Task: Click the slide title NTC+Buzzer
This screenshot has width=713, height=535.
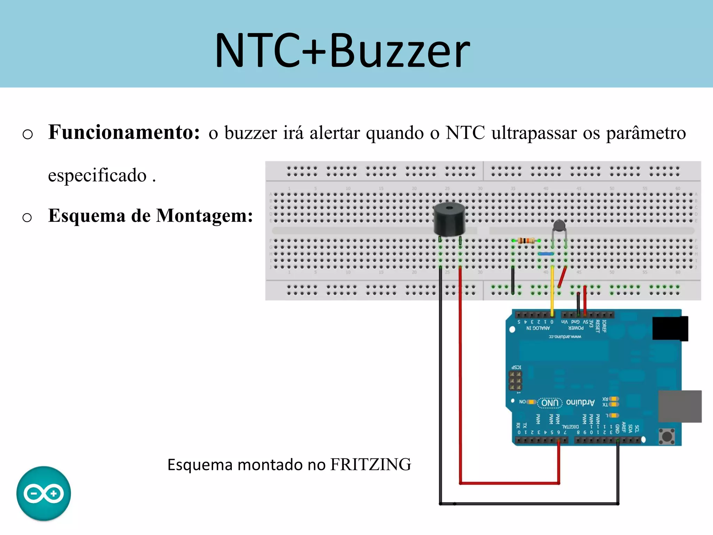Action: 343,51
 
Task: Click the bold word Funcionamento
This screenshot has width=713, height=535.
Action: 124,132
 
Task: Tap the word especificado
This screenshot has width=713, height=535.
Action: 97,175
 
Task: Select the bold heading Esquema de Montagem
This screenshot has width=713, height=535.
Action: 150,216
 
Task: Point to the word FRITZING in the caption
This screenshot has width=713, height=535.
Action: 370,465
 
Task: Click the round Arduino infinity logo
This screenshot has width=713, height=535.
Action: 44,493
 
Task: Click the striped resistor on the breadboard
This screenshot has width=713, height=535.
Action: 526,240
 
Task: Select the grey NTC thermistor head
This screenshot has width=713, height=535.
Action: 559,226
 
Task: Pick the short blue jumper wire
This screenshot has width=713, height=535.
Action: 546,254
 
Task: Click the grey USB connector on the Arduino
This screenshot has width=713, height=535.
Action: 680,406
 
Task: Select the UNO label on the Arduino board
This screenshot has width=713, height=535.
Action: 550,403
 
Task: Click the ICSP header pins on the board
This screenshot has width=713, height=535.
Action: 515,381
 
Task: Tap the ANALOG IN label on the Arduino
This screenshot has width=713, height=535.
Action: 538,328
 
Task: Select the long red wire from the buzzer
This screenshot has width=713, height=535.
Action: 460,376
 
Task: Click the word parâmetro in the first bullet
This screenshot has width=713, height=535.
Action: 646,133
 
